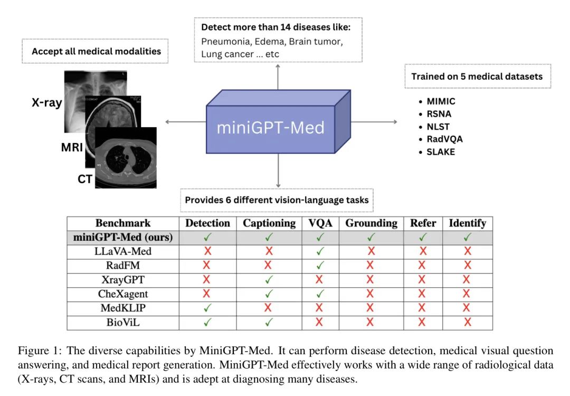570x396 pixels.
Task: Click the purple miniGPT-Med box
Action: pyautogui.click(x=271, y=127)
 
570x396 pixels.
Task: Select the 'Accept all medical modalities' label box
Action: pyautogui.click(x=96, y=51)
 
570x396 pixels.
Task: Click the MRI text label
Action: pyautogui.click(x=72, y=147)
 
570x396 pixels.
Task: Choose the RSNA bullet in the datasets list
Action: pyautogui.click(x=439, y=114)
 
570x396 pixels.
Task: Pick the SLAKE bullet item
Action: pyautogui.click(x=441, y=152)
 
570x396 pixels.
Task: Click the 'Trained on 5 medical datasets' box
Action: pyautogui.click(x=477, y=77)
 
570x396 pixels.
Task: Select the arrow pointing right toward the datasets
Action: pyautogui.click(x=374, y=122)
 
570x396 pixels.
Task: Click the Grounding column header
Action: pyautogui.click(x=371, y=223)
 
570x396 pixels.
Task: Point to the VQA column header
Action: pyautogui.click(x=320, y=223)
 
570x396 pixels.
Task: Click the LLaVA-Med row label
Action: pyautogui.click(x=122, y=251)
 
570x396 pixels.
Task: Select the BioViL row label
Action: pyautogui.click(x=122, y=322)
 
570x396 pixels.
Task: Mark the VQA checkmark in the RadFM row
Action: pyautogui.click(x=320, y=265)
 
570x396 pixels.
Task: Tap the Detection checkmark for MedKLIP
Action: pyautogui.click(x=207, y=307)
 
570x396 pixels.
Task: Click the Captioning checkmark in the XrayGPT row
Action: pyautogui.click(x=269, y=279)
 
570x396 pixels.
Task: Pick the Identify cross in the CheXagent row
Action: pyautogui.click(x=467, y=294)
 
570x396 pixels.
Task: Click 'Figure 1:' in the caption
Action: pyautogui.click(x=36, y=351)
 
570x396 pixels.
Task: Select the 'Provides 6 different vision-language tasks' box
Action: pyautogui.click(x=277, y=200)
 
